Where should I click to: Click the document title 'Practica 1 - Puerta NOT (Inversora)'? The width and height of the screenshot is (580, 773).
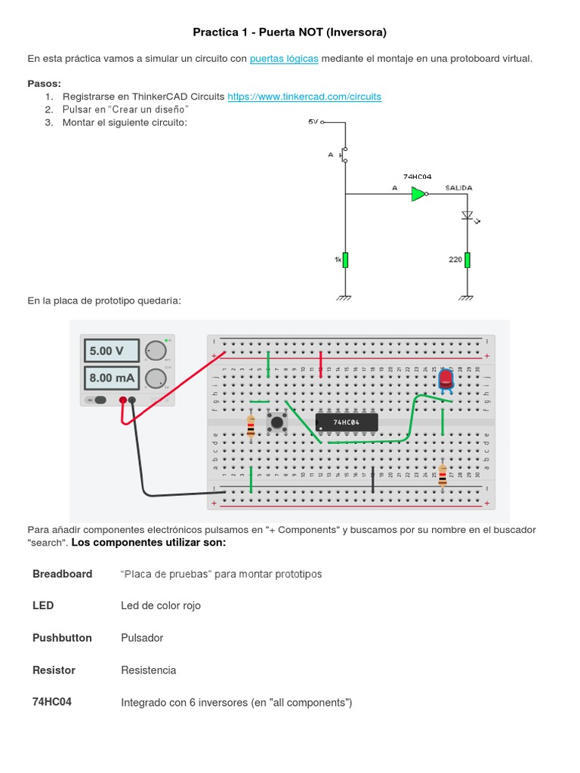click(289, 32)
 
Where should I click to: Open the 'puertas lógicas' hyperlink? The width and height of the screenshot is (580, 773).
click(284, 59)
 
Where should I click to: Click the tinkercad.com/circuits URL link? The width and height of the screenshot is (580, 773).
click(304, 97)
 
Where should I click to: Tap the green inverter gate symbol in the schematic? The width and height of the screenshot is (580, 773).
click(418, 195)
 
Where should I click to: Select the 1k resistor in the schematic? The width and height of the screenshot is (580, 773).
click(345, 260)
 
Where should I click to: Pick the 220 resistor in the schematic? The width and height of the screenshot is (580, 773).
click(467, 260)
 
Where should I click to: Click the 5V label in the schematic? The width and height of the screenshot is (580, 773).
click(313, 121)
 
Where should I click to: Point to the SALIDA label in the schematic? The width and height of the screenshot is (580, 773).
click(459, 186)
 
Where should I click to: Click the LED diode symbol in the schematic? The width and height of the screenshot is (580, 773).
click(467, 216)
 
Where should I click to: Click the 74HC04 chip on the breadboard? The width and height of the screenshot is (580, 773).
click(347, 423)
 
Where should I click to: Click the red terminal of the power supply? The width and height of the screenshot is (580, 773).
click(122, 400)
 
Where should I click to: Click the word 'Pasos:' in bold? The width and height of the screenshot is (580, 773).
click(45, 83)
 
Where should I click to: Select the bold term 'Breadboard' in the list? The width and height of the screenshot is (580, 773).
click(62, 574)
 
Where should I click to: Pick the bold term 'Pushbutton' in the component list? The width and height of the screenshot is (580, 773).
click(62, 638)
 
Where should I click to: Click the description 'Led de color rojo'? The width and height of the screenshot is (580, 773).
click(161, 605)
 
